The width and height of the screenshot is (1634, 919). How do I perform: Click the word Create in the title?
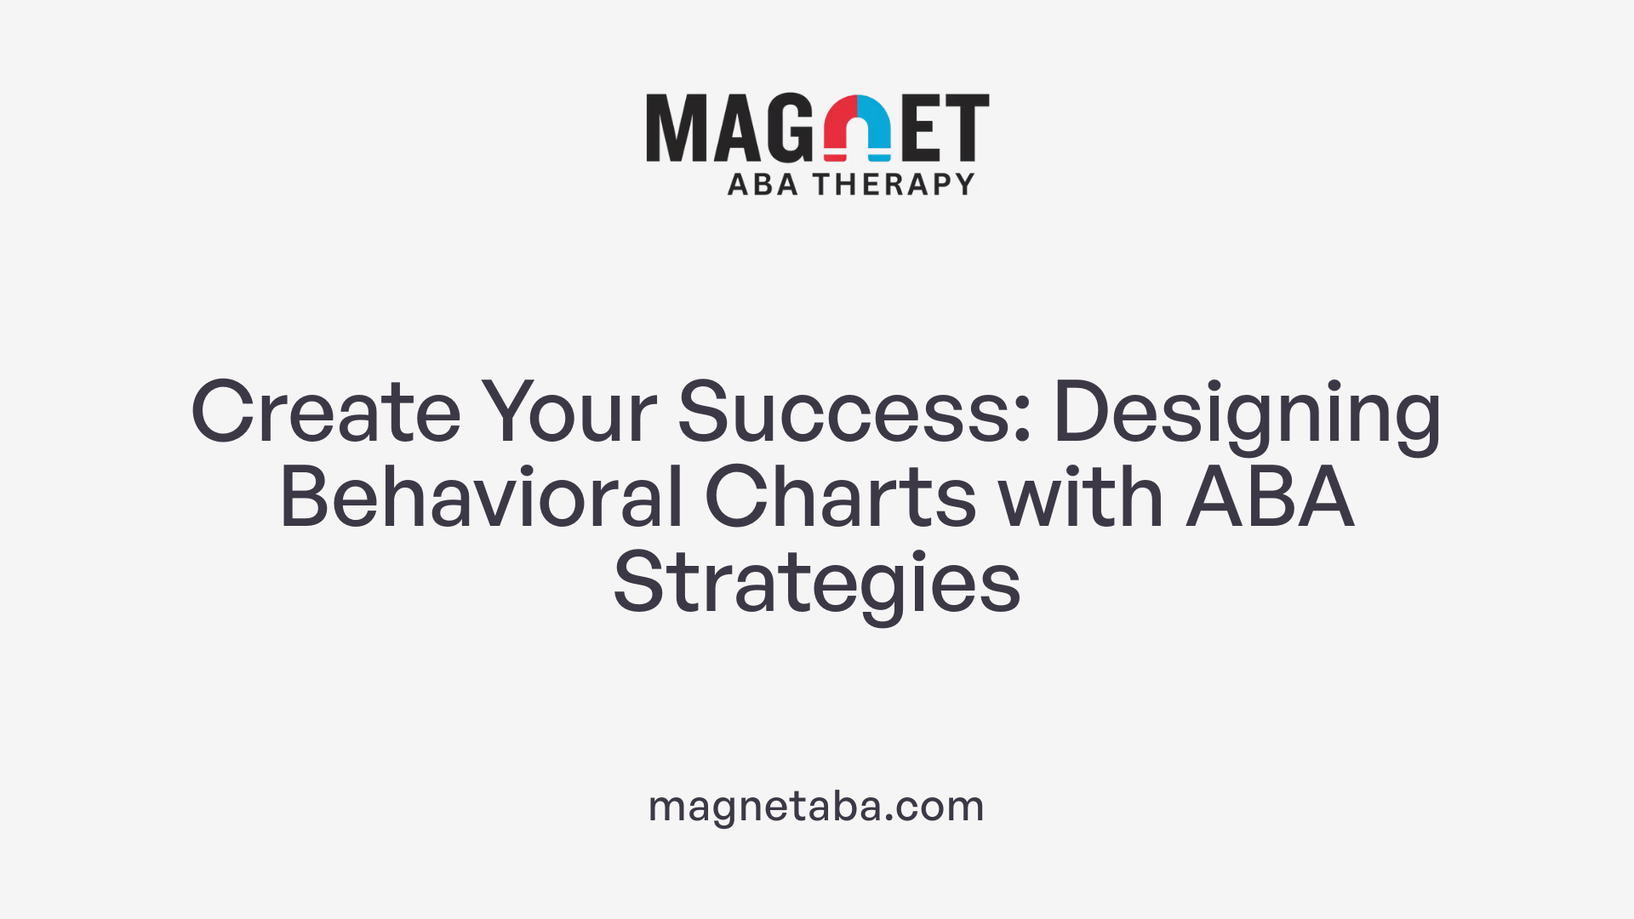[326, 413]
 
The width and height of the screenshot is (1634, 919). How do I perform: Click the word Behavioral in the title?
[482, 498]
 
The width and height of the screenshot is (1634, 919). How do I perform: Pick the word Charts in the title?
[841, 498]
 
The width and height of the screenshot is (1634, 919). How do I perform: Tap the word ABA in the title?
[1270, 498]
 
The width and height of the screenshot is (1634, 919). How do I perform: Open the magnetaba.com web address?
[816, 806]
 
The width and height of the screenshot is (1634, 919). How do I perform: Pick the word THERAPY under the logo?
[894, 185]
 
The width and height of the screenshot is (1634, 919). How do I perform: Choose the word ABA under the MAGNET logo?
[763, 185]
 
